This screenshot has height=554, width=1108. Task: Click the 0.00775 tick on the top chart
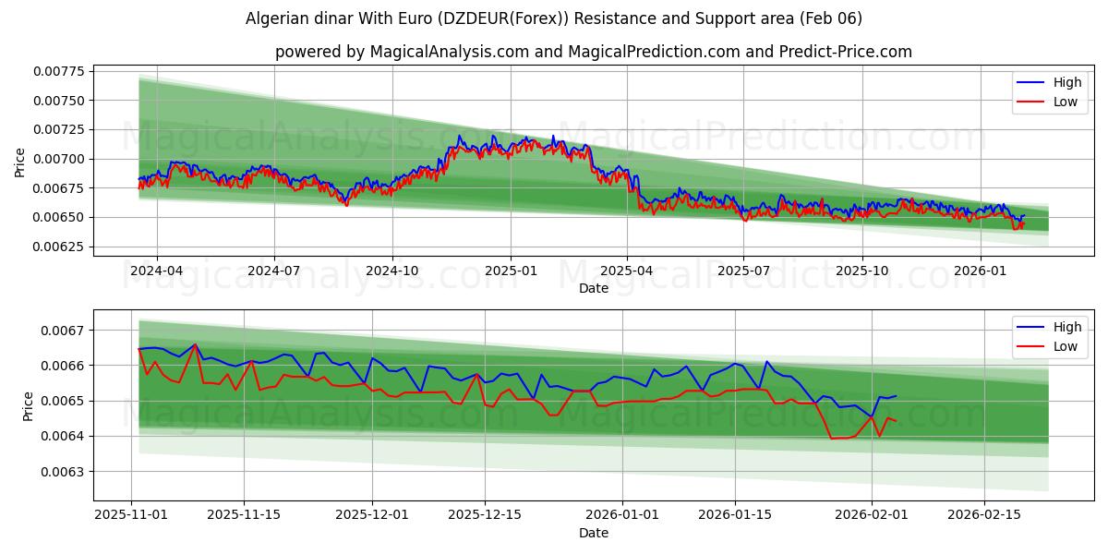57,71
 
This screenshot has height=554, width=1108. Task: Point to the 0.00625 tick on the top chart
57,247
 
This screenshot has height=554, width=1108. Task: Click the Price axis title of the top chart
20,162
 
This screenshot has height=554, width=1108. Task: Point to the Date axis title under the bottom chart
593,533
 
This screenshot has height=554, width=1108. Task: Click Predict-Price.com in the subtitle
854,52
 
